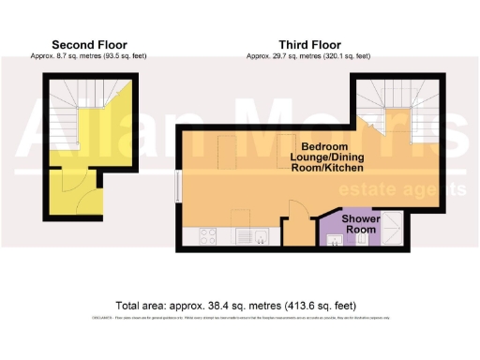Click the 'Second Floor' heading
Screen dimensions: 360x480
point(89,44)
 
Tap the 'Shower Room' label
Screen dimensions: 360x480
point(360,223)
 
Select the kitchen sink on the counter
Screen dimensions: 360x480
point(249,236)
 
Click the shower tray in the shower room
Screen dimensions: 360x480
point(395,228)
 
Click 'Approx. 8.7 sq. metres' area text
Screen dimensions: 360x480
point(89,56)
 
